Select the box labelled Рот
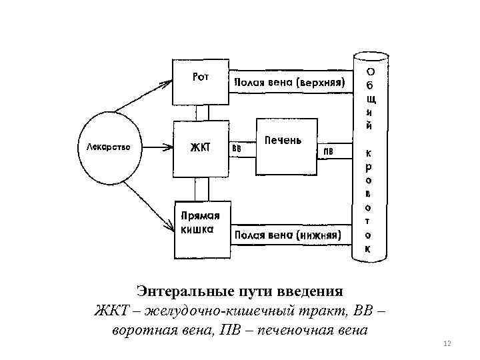[x=201, y=87]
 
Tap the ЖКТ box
[x=201, y=147]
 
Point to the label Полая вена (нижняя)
[x=287, y=235]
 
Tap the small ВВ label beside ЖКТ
[x=237, y=149]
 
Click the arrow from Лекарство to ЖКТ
[x=157, y=145]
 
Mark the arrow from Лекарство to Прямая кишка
[x=149, y=201]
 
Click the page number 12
[x=447, y=343]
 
